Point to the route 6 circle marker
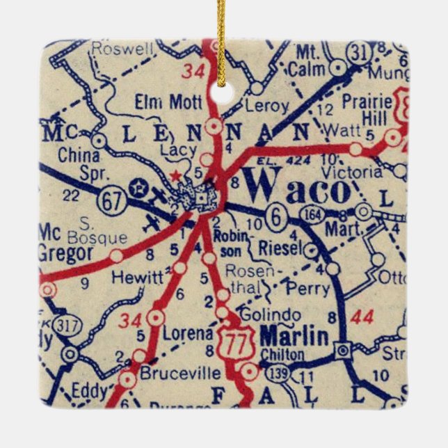pyautogui.click(x=276, y=217)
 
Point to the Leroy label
pyautogui.click(x=266, y=106)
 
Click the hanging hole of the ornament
pyautogui.click(x=224, y=93)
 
